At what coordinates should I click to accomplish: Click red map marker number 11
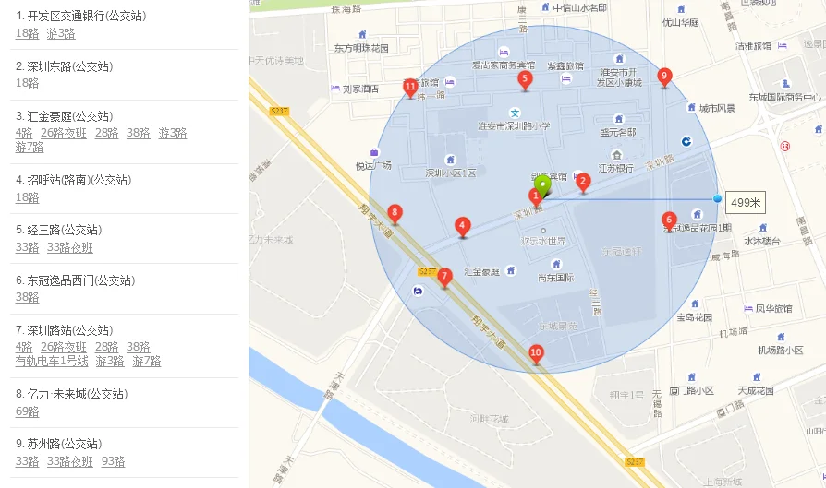coord(411,88)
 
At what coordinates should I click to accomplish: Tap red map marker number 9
coord(664,77)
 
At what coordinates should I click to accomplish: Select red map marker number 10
coord(536,352)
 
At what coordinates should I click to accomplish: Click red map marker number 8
coord(395,213)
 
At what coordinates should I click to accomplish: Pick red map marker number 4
coord(463,226)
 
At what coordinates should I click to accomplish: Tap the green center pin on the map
coord(543,183)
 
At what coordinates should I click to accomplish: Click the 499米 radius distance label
coord(745,203)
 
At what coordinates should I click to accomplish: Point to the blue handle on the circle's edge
coord(718,198)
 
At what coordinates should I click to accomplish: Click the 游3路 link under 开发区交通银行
coord(61,34)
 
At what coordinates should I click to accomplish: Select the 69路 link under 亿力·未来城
coord(27,411)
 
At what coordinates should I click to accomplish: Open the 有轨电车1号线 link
coord(52,362)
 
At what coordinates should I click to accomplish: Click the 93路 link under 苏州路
coord(113,461)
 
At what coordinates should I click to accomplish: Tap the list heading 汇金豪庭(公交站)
coord(64,116)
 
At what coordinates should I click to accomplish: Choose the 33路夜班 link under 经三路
coord(70,247)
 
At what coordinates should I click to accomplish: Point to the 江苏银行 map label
coord(615,168)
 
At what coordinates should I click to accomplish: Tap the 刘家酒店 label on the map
coord(360,89)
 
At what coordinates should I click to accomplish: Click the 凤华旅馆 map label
coord(773,308)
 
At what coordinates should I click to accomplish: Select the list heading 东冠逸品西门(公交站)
coord(75,280)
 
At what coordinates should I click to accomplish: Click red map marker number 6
coord(670,220)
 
